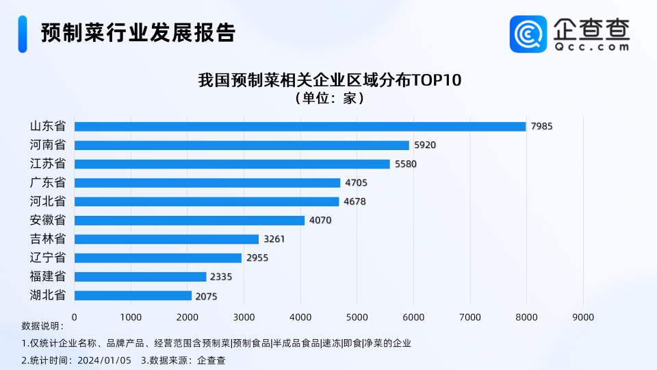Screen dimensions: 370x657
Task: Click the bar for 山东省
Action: pyautogui.click(x=300, y=127)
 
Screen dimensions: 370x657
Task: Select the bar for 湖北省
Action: pyautogui.click(x=133, y=295)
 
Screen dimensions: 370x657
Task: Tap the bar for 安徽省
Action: pyautogui.click(x=189, y=221)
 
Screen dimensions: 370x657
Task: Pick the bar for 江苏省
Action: pyautogui.click(x=232, y=164)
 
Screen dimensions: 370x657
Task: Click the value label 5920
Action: pyautogui.click(x=425, y=145)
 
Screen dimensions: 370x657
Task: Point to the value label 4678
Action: pyautogui.click(x=355, y=201)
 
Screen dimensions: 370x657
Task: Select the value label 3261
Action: pyautogui.click(x=274, y=239)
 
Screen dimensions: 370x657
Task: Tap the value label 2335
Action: pyautogui.click(x=221, y=277)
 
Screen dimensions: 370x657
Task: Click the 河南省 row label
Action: pyautogui.click(x=48, y=145)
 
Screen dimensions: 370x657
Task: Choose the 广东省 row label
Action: pyautogui.click(x=48, y=183)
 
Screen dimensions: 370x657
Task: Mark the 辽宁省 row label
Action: pyautogui.click(x=48, y=258)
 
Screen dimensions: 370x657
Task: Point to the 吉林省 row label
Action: pyautogui.click(x=48, y=239)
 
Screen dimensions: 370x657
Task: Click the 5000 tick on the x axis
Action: pyautogui.click(x=357, y=317)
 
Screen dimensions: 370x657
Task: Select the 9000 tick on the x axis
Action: pyautogui.click(x=583, y=317)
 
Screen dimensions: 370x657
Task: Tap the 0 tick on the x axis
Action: pyautogui.click(x=75, y=317)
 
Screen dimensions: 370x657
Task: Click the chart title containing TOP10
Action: pyautogui.click(x=329, y=80)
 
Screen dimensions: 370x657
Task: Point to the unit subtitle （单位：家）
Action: pyautogui.click(x=329, y=98)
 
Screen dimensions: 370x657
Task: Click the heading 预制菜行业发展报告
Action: pyautogui.click(x=138, y=33)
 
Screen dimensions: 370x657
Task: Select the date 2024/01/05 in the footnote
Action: pyautogui.click(x=104, y=360)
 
